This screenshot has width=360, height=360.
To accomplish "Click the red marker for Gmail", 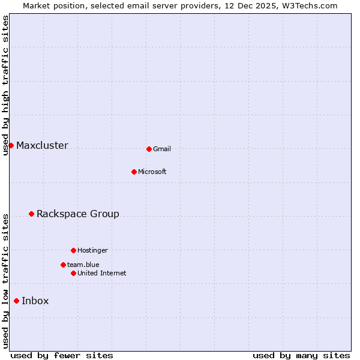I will tap(149, 149).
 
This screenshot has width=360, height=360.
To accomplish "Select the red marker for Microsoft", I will tap(134, 172).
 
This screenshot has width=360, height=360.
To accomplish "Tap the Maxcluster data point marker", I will tap(11, 145).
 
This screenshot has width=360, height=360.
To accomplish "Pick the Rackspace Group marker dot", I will tap(31, 214).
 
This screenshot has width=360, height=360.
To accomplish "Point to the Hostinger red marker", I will tap(73, 250).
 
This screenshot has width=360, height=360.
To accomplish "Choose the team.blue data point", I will tap(63, 265).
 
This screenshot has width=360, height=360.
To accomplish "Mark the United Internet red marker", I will tap(73, 273).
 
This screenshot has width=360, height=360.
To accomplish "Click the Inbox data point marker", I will tap(16, 301).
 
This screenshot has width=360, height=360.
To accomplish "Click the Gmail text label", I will tap(162, 149).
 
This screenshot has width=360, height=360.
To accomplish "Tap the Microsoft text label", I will tap(152, 172).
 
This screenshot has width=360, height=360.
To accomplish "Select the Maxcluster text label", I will tap(42, 145).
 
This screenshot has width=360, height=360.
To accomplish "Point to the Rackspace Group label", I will tap(78, 214).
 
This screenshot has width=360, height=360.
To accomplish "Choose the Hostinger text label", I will tap(92, 250).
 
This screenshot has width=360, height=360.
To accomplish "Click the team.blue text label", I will tap(83, 265).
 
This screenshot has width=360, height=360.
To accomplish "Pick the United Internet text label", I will tap(102, 273).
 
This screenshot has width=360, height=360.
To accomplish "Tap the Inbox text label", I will tap(35, 301).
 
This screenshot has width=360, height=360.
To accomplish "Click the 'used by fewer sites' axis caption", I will tap(62, 355).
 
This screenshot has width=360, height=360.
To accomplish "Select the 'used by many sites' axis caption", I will tap(301, 355).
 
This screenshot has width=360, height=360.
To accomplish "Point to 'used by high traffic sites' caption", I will tap(6, 85).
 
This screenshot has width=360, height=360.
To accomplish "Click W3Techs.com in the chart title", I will tap(308, 6).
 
